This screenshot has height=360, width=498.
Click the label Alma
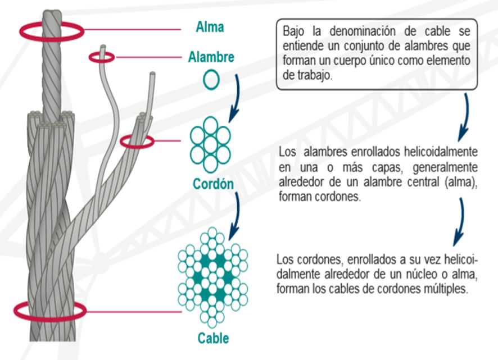(210, 27)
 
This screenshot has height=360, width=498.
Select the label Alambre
(211, 57)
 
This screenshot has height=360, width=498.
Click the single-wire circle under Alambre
(211, 80)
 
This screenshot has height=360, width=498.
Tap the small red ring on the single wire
(102, 56)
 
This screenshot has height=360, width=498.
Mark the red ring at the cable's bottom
(49, 310)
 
